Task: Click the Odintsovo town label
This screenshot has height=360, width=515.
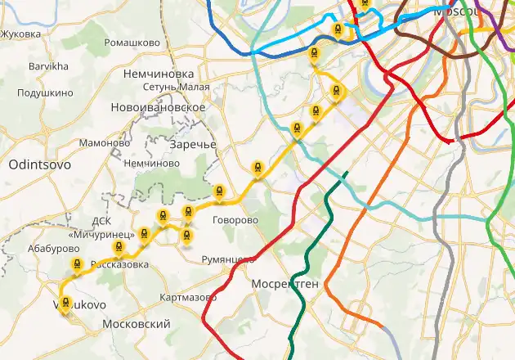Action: coord(39,164)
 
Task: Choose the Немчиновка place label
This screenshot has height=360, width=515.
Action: coord(159,74)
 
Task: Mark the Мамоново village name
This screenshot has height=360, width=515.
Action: coord(105,143)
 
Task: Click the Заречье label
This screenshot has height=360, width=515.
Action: coord(193,145)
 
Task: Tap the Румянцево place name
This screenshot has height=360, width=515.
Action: coord(228,259)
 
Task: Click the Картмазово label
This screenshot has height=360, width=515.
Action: coord(188,296)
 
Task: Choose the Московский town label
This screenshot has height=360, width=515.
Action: coord(137,324)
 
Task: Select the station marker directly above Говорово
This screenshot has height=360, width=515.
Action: coord(219,192)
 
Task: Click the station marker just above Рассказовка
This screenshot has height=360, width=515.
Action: coord(119,251)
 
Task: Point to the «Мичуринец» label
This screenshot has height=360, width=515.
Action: coord(101,235)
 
